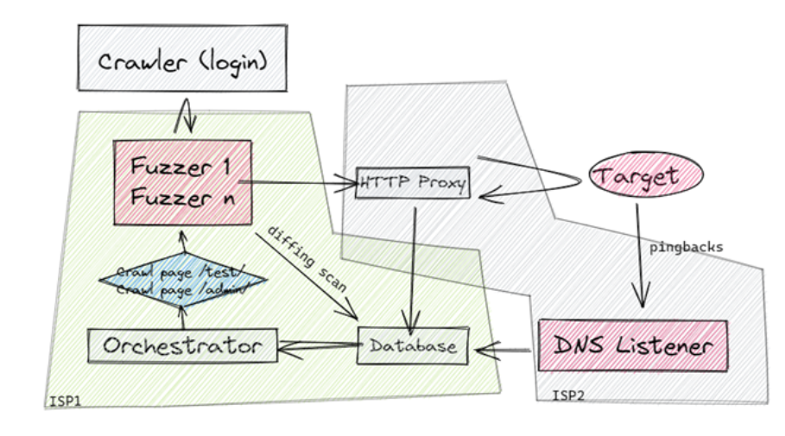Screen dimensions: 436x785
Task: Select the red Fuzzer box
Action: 182,181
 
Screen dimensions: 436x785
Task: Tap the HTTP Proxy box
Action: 414,183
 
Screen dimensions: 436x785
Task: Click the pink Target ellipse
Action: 646,176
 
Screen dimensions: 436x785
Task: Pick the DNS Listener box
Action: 632,346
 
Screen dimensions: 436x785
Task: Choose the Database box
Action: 413,345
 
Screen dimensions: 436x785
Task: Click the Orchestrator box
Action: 181,346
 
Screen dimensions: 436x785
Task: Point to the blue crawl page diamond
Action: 182,281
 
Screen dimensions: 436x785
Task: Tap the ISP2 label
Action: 568,395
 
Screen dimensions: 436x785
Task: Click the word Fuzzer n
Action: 182,198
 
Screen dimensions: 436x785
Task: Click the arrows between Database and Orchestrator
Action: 315,347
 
